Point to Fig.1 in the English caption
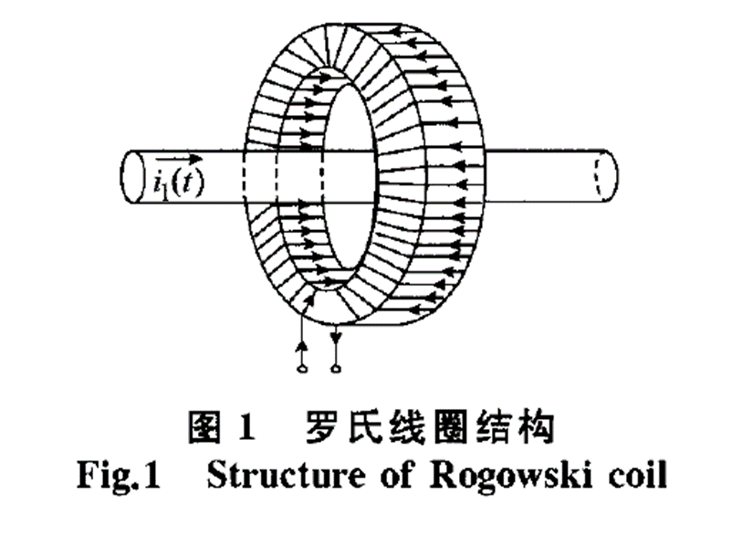tap(115, 477)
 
